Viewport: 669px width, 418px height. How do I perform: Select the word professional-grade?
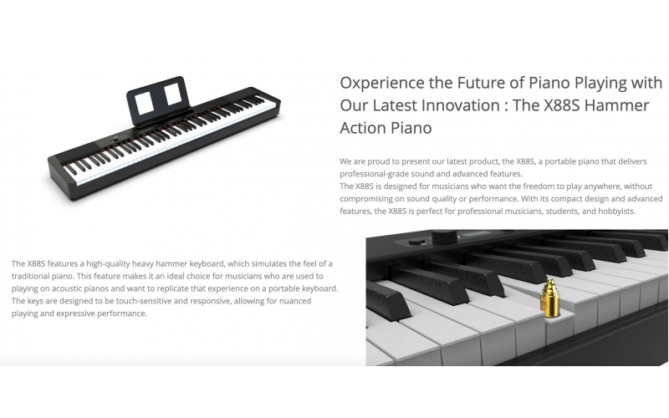pos(378,173)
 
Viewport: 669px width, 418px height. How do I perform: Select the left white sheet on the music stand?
pos(144,101)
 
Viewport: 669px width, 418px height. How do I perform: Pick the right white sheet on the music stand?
pos(171,94)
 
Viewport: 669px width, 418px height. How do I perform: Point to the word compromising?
pos(370,199)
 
